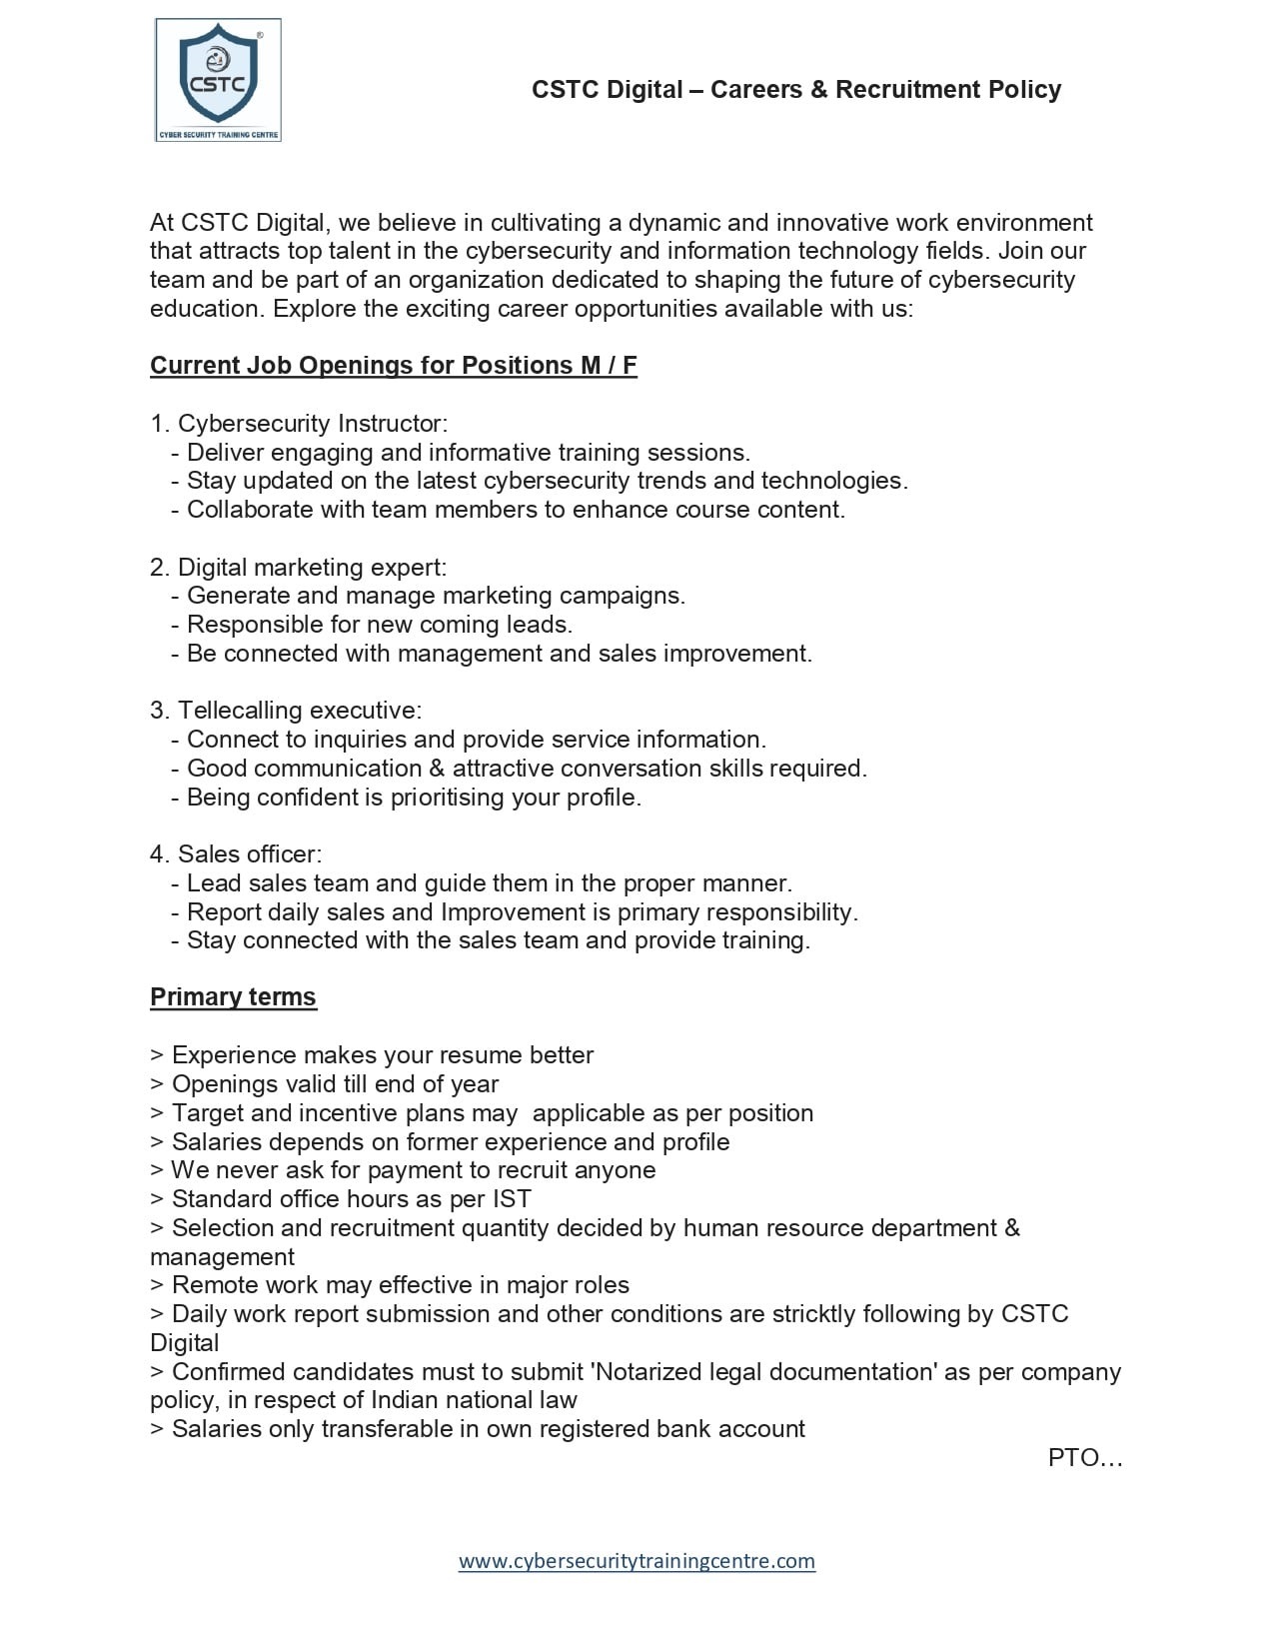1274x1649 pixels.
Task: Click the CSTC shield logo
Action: click(218, 80)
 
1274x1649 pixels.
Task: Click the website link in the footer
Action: click(637, 1560)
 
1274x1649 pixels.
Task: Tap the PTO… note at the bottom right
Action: click(1085, 1458)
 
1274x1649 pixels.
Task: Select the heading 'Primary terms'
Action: click(233, 997)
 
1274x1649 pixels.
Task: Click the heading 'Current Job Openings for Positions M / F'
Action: click(393, 366)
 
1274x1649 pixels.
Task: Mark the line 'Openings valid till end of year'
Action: click(335, 1084)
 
